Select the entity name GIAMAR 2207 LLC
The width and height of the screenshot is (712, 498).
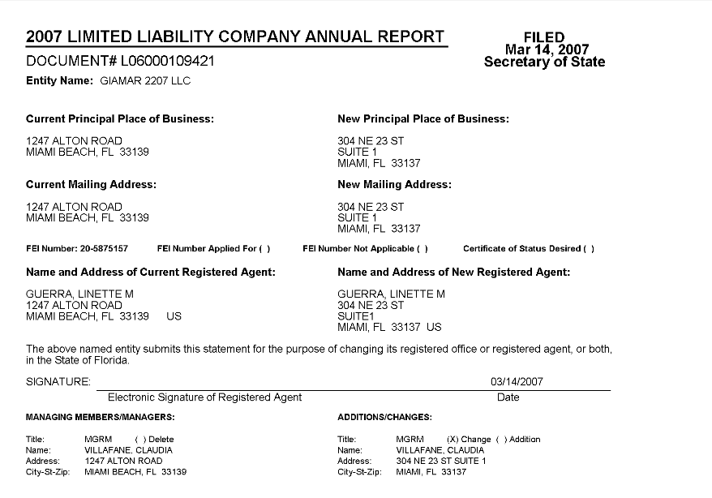[x=145, y=81]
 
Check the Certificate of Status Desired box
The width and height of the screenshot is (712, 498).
[x=589, y=248]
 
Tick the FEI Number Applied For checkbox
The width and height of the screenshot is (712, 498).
[x=265, y=248]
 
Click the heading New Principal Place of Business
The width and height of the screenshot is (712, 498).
[x=423, y=119]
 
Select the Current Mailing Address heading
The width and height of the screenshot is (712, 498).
[x=91, y=185]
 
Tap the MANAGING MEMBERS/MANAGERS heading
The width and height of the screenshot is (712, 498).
[x=101, y=417]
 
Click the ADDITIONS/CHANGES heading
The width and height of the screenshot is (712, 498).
[x=384, y=417]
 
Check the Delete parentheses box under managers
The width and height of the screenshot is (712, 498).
[x=139, y=440]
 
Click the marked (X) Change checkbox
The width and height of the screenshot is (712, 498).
[x=453, y=440]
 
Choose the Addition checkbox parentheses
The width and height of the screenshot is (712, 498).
[x=499, y=440]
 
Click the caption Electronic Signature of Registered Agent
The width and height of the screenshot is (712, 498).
[x=204, y=397]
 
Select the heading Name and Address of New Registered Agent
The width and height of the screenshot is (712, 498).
[x=453, y=273]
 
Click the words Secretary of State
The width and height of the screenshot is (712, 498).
[x=544, y=62]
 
